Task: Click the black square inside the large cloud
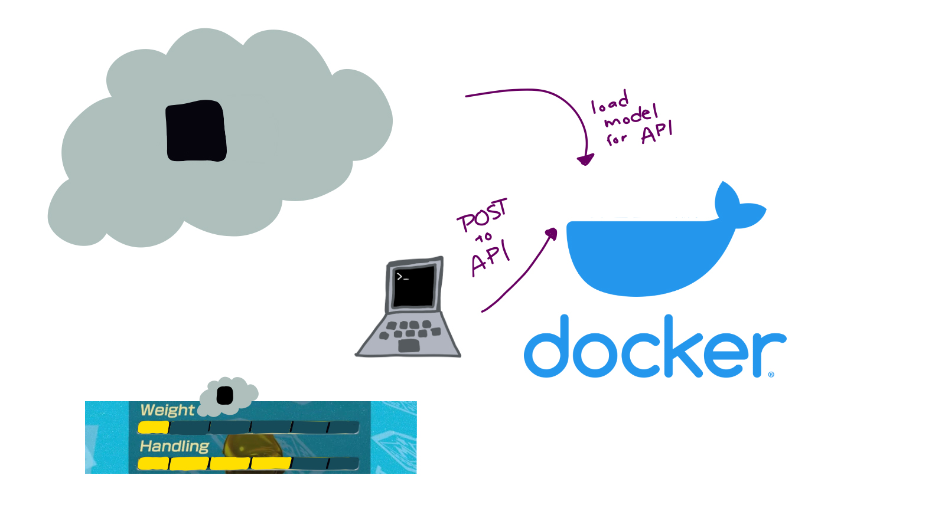196,131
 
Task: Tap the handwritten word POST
482,215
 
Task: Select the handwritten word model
631,116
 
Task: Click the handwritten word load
610,103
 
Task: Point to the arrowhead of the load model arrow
585,159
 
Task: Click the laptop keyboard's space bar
409,345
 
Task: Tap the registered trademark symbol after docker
771,374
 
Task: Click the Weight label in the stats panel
167,410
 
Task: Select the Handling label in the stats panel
174,446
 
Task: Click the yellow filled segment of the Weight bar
154,427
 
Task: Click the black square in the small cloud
225,395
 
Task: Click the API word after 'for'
656,132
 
